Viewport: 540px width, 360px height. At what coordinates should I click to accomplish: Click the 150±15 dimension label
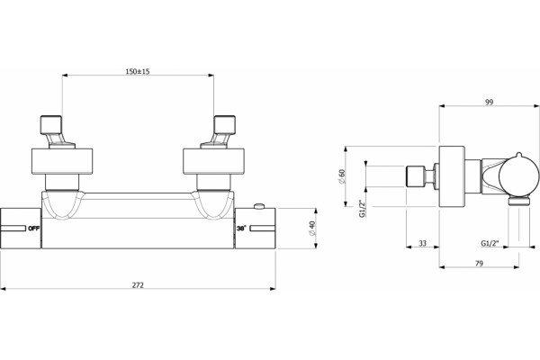pyautogui.click(x=138, y=71)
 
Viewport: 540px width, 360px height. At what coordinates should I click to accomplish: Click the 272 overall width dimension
pyautogui.click(x=138, y=285)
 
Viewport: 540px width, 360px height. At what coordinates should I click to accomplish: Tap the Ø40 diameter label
pyautogui.click(x=312, y=228)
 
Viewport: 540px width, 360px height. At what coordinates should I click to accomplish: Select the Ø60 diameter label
pyautogui.click(x=342, y=176)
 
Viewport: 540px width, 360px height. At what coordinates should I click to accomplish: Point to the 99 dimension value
pyautogui.click(x=489, y=102)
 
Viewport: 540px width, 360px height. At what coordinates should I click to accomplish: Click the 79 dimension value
pyautogui.click(x=479, y=263)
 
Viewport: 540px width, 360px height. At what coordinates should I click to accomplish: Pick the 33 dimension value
pyautogui.click(x=423, y=243)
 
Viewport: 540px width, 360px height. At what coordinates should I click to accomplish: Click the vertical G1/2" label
pyautogui.click(x=362, y=209)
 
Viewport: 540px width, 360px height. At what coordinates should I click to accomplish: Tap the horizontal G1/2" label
pyautogui.click(x=490, y=243)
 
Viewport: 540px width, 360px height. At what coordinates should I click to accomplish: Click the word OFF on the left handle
pyautogui.click(x=34, y=228)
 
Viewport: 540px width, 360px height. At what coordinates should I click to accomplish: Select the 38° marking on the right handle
pyautogui.click(x=242, y=228)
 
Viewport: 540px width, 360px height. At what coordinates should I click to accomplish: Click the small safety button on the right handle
pyautogui.click(x=258, y=207)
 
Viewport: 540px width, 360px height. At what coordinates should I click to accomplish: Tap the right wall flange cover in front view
pyautogui.click(x=213, y=162)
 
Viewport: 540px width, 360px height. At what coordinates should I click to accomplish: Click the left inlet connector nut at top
pyautogui.click(x=51, y=125)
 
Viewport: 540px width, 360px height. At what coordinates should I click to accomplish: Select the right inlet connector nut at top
pyautogui.click(x=224, y=125)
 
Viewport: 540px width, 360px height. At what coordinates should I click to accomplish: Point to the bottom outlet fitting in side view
pyautogui.click(x=518, y=201)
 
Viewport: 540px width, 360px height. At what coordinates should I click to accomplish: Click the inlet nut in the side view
pyautogui.click(x=415, y=176)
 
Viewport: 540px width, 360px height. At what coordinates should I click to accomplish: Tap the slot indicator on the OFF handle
pyautogui.click(x=13, y=228)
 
